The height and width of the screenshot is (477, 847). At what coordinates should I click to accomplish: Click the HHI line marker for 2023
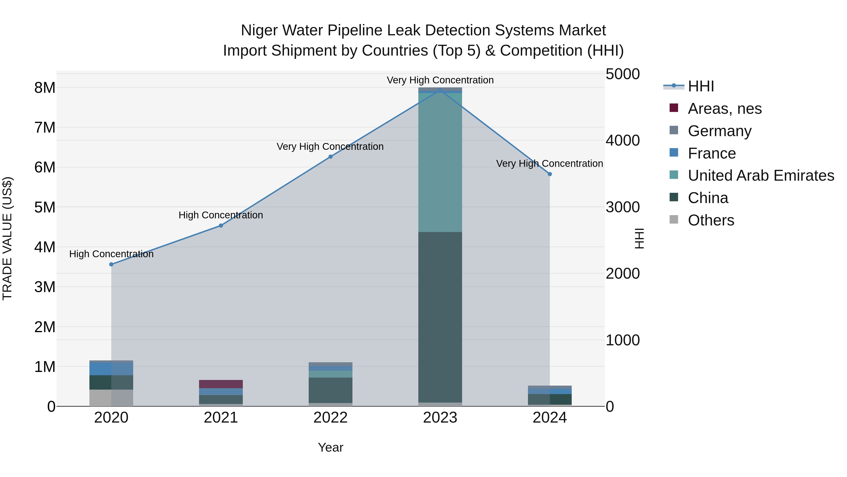pyautogui.click(x=440, y=90)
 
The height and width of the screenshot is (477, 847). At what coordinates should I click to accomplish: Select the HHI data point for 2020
pyautogui.click(x=111, y=264)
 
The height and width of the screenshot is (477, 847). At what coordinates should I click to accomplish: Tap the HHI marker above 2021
pyautogui.click(x=221, y=225)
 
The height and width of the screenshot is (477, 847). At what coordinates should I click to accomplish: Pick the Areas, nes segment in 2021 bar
pyautogui.click(x=221, y=384)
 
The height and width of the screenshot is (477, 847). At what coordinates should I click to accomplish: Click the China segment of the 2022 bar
pyautogui.click(x=331, y=390)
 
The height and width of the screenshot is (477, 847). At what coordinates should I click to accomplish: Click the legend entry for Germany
pyautogui.click(x=719, y=131)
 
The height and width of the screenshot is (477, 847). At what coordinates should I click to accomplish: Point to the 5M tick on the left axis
pyautogui.click(x=45, y=207)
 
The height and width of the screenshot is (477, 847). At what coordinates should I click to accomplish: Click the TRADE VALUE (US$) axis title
pyautogui.click(x=7, y=238)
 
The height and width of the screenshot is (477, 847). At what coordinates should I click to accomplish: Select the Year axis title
pyautogui.click(x=331, y=447)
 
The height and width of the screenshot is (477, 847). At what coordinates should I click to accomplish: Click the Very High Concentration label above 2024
pyautogui.click(x=549, y=164)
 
